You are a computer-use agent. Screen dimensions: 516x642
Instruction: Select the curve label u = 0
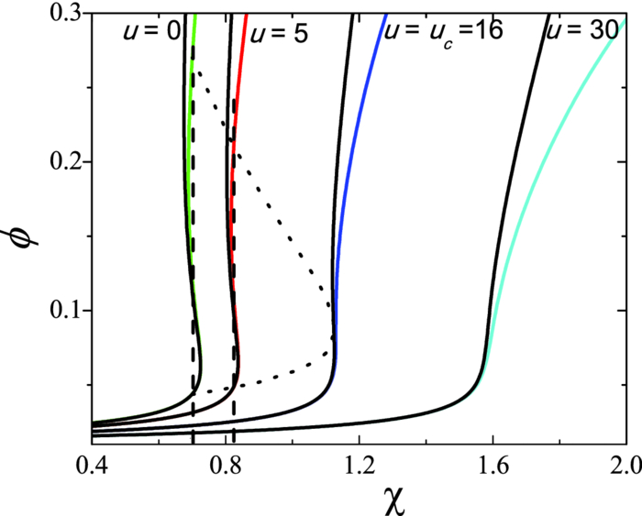coord(150,32)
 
